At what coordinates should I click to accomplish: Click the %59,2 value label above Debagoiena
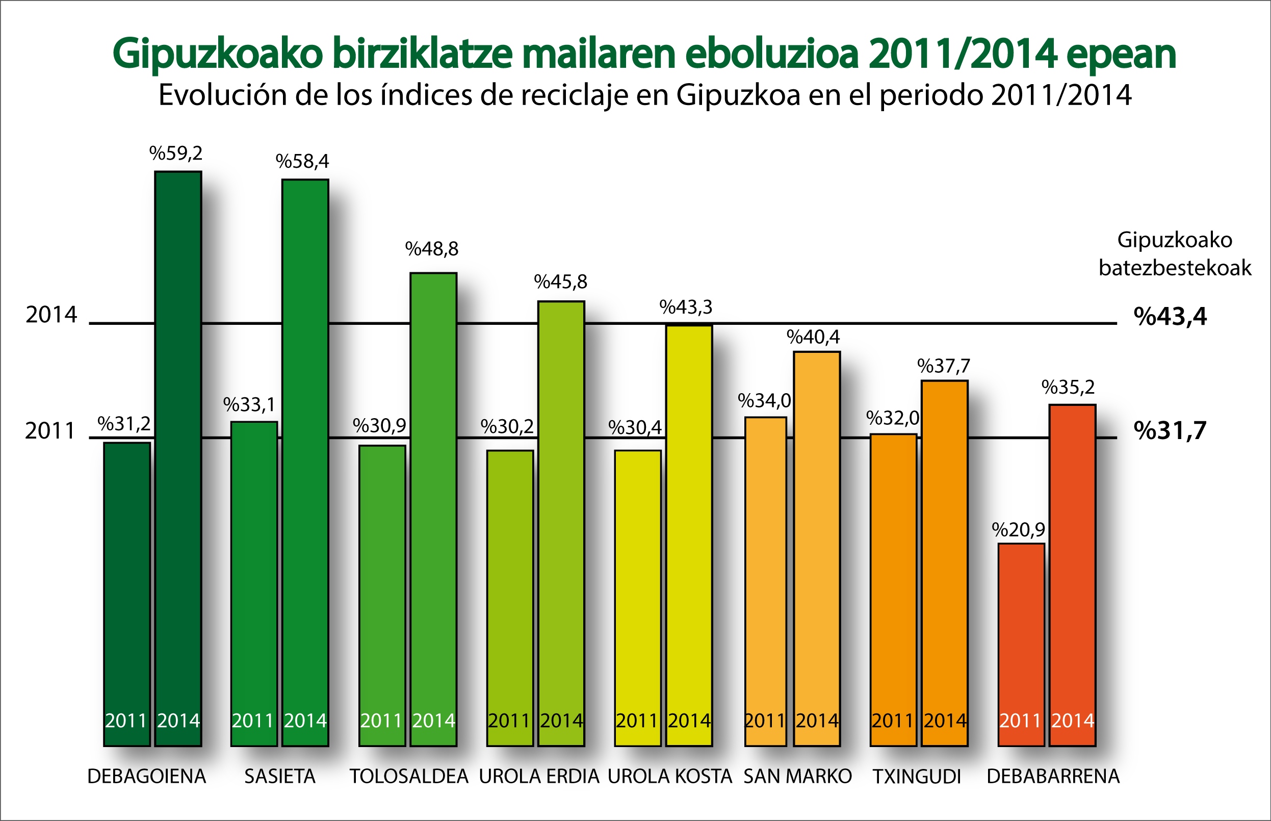pos(176,153)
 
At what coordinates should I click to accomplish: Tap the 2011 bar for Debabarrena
pos(1021,645)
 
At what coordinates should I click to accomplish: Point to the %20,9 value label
pos(1018,530)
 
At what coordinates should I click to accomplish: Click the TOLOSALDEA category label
pos(409,777)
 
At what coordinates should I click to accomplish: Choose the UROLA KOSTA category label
pos(670,777)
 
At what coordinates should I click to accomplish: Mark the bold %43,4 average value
pos(1170,317)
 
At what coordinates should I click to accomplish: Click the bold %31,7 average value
pos(1170,431)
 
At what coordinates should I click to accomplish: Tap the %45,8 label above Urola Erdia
pos(561,282)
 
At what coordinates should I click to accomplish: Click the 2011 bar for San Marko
pos(765,581)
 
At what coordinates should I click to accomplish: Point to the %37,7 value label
pos(944,366)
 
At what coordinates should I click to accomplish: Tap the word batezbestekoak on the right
pos(1175,268)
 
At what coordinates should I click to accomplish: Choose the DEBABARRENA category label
pos(1053,777)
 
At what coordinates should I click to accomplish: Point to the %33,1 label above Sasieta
pos(249,405)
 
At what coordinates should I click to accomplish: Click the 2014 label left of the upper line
pos(51,315)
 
